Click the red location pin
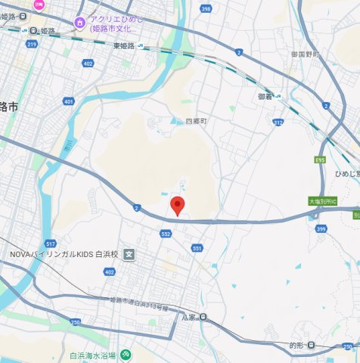tap(177, 205)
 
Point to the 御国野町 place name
tap(307, 54)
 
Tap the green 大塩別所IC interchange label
tap(325, 202)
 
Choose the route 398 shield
tap(206, 9)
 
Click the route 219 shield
tap(31, 45)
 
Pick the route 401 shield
tap(70, 101)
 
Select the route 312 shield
tap(278, 122)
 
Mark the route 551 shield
tap(197, 248)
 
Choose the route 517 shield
tap(51, 244)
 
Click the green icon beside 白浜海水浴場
tap(126, 355)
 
